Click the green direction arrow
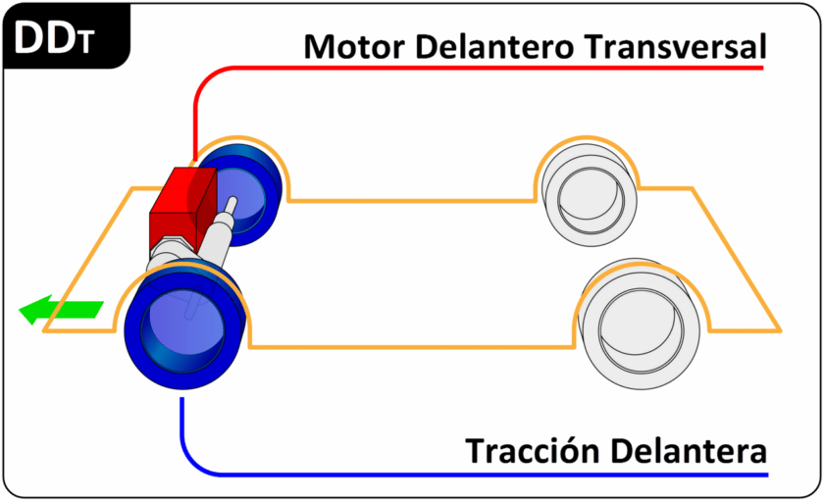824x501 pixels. pyautogui.click(x=61, y=312)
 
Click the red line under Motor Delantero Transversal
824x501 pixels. pyautogui.click(x=490, y=69)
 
